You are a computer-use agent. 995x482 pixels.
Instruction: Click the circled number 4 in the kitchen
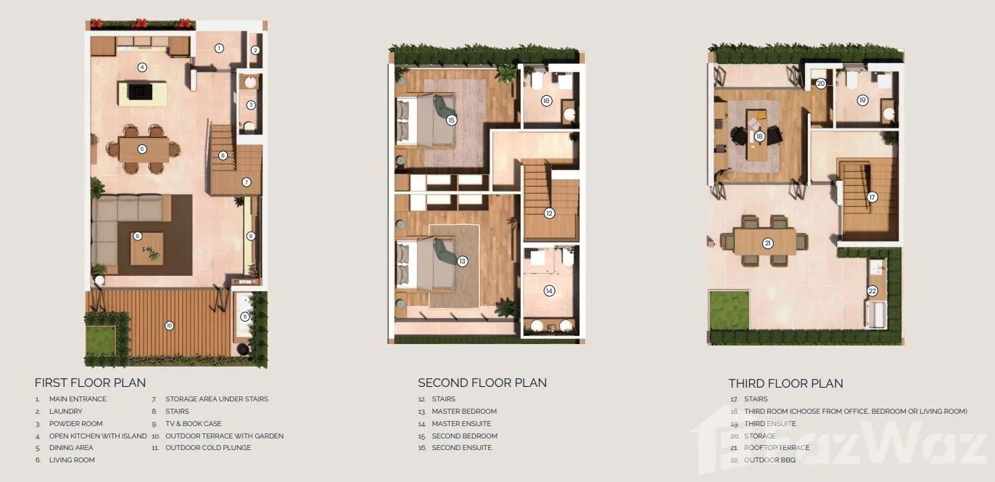[x=142, y=67]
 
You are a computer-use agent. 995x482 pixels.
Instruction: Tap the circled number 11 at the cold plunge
[x=244, y=316]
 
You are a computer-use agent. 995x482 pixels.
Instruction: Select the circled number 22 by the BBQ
[x=872, y=291]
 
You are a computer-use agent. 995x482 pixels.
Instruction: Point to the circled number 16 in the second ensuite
[x=546, y=101]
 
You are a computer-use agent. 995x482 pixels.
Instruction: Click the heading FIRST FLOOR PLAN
[x=90, y=383]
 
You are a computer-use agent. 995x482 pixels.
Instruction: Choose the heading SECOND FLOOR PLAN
[x=482, y=383]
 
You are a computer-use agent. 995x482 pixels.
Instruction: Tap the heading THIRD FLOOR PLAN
[x=786, y=383]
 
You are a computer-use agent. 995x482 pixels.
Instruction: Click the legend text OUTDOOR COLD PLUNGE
[x=208, y=448]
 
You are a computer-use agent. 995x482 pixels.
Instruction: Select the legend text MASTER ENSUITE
[x=461, y=424]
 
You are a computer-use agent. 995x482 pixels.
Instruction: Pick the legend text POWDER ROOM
[x=76, y=424]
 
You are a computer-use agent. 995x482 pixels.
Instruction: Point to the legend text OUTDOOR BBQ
[x=769, y=460]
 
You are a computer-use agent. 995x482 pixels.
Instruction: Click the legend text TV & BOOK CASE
[x=193, y=424]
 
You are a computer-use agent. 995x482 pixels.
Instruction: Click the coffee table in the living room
[x=146, y=248]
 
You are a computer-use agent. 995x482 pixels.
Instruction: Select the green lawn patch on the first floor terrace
[x=101, y=340]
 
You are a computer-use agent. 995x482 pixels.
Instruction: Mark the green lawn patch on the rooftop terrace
[x=729, y=311]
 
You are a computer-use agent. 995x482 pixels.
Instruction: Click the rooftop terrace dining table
[x=765, y=242]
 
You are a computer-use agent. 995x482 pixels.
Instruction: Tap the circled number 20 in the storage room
[x=820, y=83]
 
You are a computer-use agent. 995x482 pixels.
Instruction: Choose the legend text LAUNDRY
[x=66, y=412]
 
